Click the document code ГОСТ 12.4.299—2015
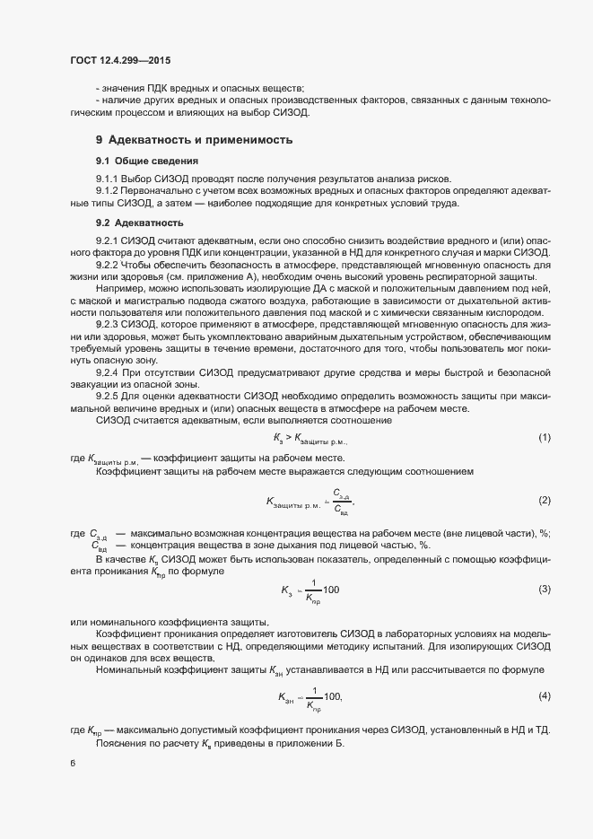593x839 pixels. [119, 61]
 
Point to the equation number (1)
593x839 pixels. [544, 438]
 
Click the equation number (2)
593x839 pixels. [544, 499]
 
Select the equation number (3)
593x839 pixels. [544, 589]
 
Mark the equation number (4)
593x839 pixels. [544, 696]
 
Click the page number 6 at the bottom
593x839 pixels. [73, 764]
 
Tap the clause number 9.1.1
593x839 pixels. [108, 179]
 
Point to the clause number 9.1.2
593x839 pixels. [108, 191]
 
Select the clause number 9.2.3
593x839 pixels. [108, 322]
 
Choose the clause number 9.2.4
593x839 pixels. [108, 371]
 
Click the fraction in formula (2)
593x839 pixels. [341, 500]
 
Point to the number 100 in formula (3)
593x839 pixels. [331, 590]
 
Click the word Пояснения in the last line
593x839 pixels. [123, 744]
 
